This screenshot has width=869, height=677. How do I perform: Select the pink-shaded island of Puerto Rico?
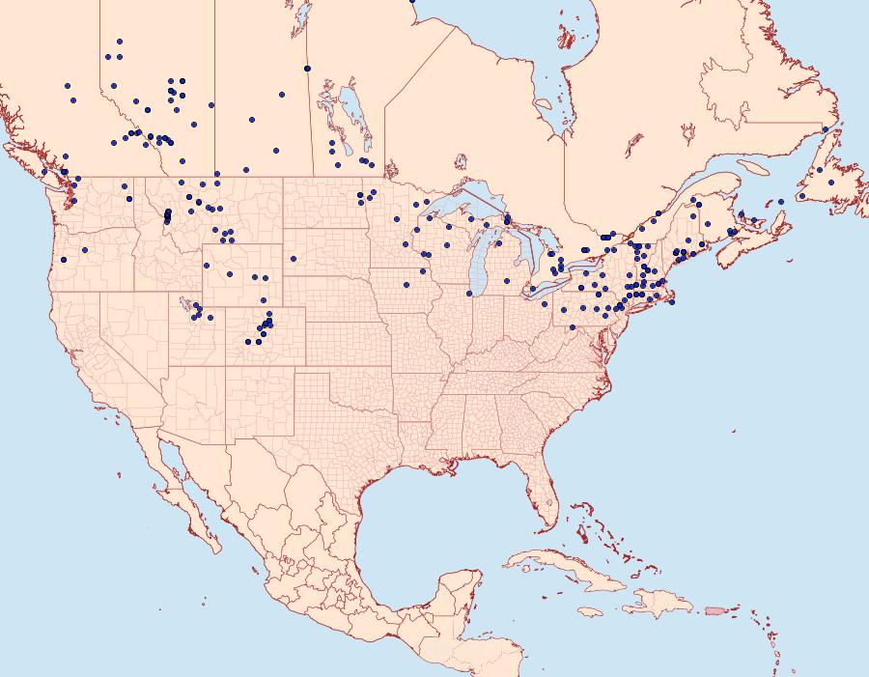click(715, 609)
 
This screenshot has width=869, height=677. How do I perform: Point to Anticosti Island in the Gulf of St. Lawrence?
click(754, 167)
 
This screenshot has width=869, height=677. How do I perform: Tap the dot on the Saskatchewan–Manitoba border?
click(307, 68)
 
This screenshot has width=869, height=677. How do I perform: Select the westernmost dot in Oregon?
click(65, 259)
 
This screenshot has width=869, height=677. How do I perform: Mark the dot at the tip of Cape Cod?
click(672, 301)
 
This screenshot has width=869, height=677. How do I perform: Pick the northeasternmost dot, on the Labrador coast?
click(826, 128)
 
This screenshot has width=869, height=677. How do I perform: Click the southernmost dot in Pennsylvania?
click(573, 327)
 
